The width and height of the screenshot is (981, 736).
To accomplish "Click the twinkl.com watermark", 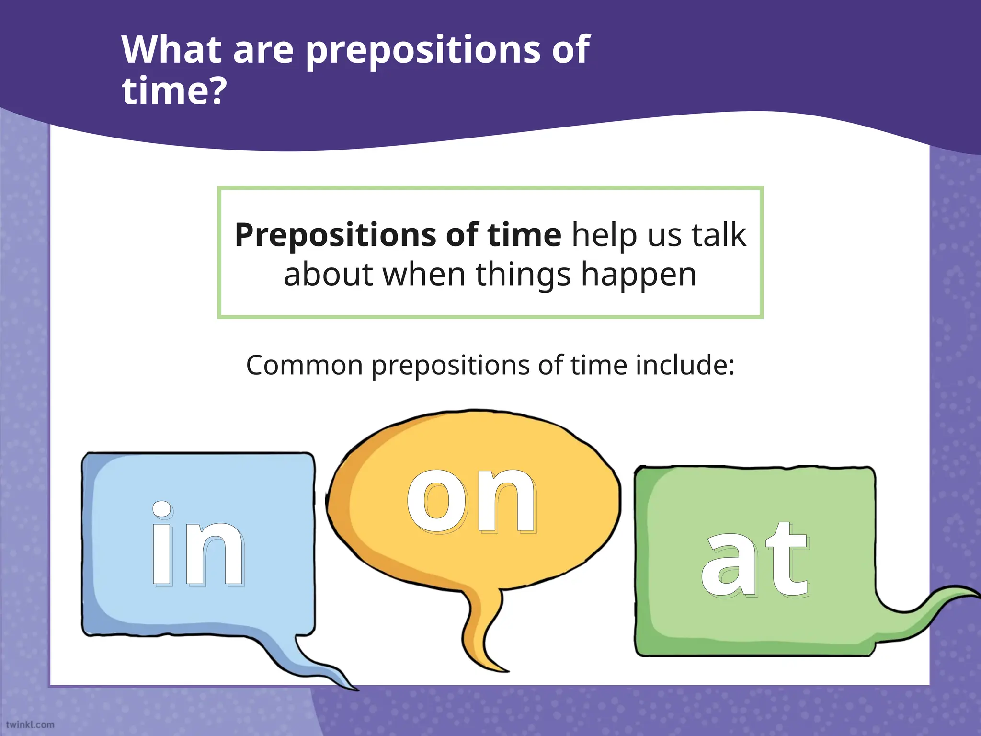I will pos(30,724).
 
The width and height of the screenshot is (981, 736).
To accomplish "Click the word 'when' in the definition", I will pos(424,275).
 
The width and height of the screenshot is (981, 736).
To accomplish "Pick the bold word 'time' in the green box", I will pos(524,235).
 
